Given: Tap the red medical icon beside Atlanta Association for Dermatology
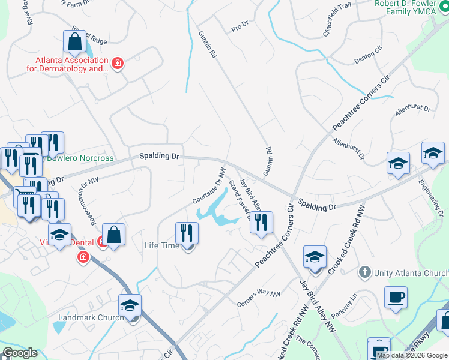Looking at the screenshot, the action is pyautogui.click(x=118, y=63).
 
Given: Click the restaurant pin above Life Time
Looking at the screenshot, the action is pyautogui.click(x=187, y=233).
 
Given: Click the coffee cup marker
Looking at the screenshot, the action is pyautogui.click(x=396, y=298).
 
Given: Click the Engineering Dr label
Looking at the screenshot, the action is pyautogui.click(x=439, y=196).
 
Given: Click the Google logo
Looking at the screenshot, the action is pyautogui.click(x=20, y=353).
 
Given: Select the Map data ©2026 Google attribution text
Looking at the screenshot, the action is pyautogui.click(x=411, y=355).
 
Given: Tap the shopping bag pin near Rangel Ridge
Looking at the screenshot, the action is pyautogui.click(x=74, y=42).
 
